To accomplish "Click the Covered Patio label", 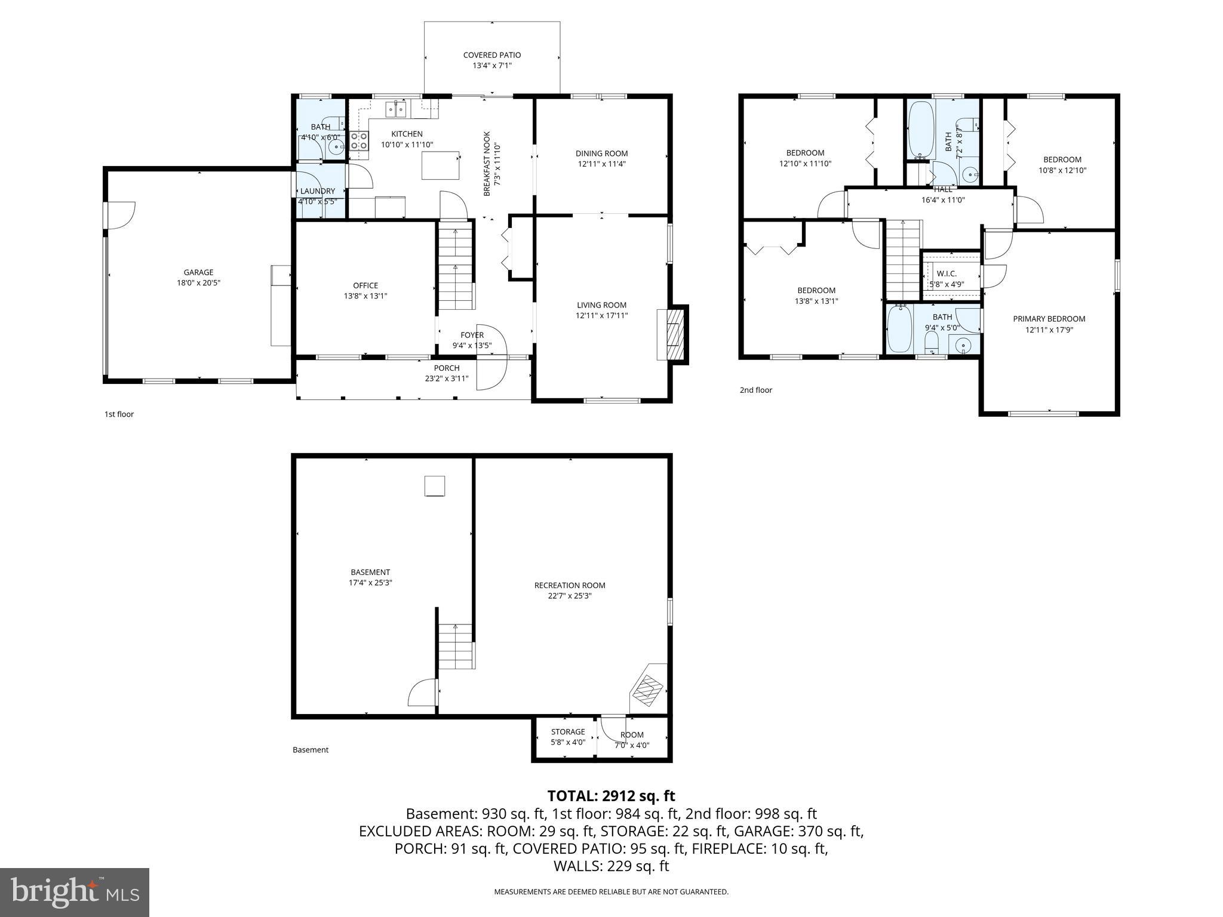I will [491, 55].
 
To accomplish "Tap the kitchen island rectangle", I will [441, 165].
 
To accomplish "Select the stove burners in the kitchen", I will [359, 141].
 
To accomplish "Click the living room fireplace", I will [672, 334].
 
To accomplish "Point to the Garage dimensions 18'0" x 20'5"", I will [198, 283].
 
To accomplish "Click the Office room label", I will [365, 285].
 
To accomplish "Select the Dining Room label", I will [601, 153].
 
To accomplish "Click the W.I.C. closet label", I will [947, 273].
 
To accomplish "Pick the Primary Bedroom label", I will [1049, 319].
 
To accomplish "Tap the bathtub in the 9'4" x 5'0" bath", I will [898, 330].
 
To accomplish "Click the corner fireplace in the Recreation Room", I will [648, 689].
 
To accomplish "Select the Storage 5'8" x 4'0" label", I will [567, 731].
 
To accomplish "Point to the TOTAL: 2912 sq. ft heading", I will [611, 796].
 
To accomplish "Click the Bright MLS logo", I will [75, 892].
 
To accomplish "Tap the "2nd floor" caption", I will [755, 390].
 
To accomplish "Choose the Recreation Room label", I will [569, 585].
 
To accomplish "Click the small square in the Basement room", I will [435, 486].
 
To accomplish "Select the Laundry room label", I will [317, 191].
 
